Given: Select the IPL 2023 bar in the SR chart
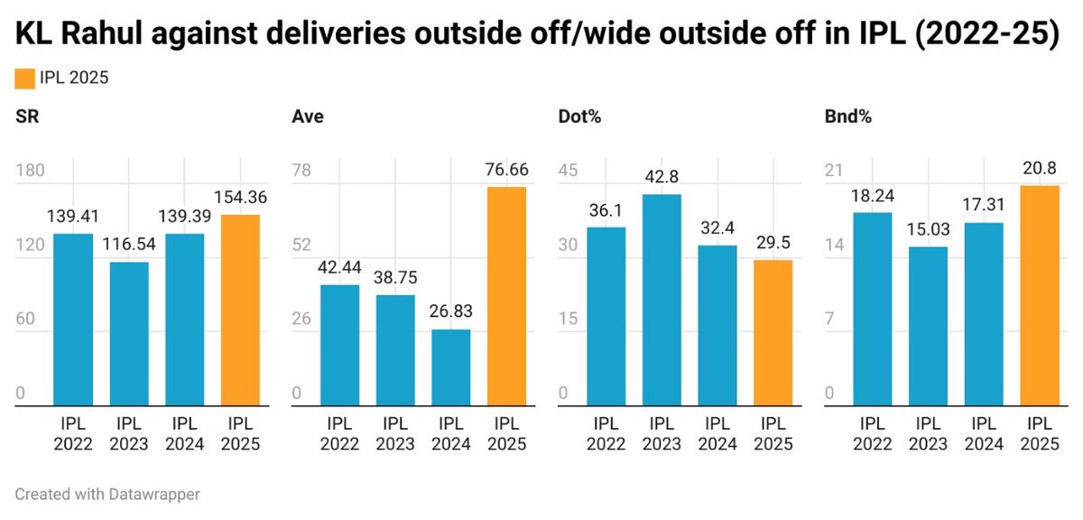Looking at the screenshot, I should (x=129, y=334).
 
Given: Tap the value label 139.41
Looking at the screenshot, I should (x=73, y=216).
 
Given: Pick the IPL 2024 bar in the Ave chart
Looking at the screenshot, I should (x=450, y=367).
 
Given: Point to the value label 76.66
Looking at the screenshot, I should (x=506, y=169).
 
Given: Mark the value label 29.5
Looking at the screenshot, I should (x=773, y=242).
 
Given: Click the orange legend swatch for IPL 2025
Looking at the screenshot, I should (x=24, y=79).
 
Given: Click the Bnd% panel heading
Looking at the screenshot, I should (x=842, y=117).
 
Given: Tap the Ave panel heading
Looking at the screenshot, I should (x=308, y=117).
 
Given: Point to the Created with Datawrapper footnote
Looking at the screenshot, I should (x=107, y=494).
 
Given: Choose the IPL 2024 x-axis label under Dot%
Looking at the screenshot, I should (x=717, y=433).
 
